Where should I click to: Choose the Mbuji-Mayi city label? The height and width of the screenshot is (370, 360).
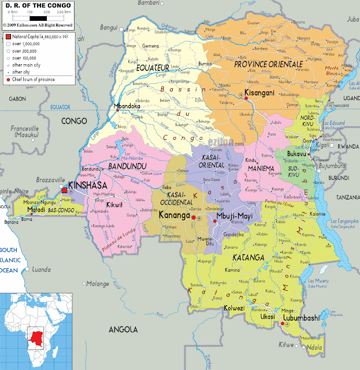[x=234, y=217]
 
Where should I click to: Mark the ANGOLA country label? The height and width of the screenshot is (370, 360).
[x=123, y=329]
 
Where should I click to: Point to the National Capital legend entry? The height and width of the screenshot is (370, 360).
[x=38, y=36]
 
